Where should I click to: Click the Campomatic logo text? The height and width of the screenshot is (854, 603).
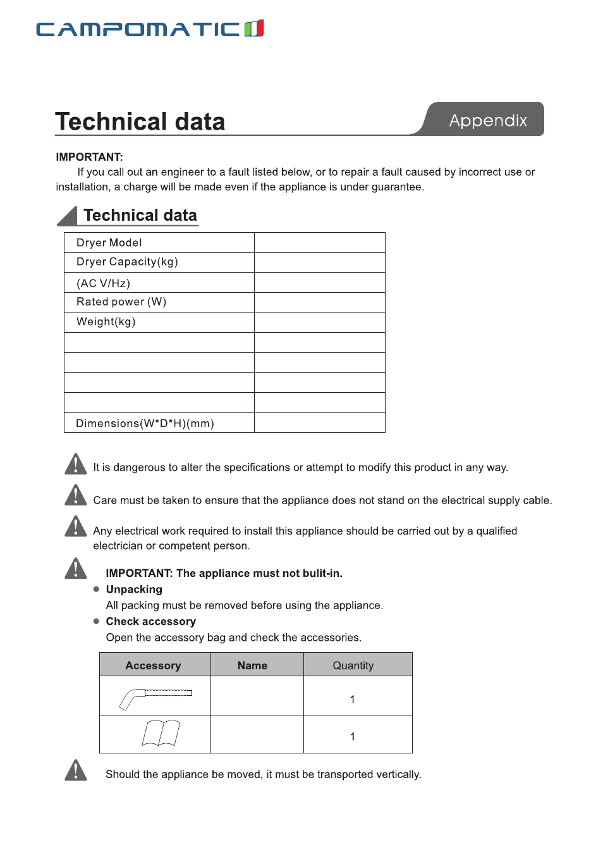point(138,29)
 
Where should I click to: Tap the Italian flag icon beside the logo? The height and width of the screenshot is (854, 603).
point(254,28)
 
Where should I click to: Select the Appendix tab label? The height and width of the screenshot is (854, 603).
point(487,120)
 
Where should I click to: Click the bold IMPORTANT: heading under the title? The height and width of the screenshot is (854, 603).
point(89,157)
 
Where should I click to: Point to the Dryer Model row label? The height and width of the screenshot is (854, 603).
point(109,243)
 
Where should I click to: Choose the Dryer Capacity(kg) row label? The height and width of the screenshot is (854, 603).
point(127,262)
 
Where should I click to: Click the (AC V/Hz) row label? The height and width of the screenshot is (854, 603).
point(103,283)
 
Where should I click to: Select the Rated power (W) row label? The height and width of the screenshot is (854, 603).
point(121,302)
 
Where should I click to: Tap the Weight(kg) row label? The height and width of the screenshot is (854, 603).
point(106,321)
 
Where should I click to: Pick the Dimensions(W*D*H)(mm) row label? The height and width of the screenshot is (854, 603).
point(145,423)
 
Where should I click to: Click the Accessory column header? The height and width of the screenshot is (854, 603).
point(153,665)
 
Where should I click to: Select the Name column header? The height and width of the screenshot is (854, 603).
point(252,665)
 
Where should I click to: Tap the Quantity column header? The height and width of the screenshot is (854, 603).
point(353,665)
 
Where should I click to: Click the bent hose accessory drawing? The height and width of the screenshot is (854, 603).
point(155,697)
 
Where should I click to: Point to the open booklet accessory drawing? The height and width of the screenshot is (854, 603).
point(161,733)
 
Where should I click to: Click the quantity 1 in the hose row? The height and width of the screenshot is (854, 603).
point(352,699)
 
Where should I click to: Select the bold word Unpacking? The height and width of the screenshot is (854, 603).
point(134,590)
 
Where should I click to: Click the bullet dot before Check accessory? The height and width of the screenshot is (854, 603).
point(96,621)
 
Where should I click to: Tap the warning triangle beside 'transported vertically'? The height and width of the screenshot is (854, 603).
point(76,770)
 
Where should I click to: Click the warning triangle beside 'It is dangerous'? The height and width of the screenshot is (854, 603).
point(76,464)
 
